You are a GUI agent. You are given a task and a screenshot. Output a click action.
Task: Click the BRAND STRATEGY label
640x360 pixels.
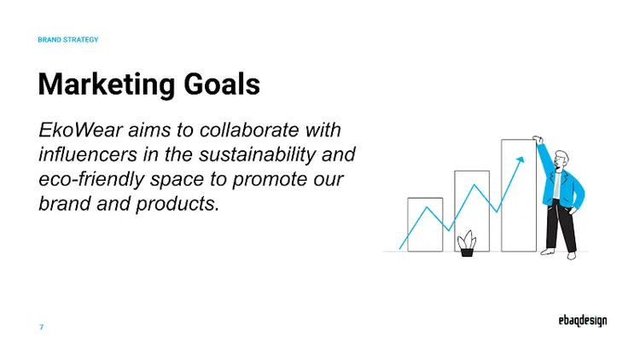(68, 40)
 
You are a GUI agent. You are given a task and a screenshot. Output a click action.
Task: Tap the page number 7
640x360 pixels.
(42, 328)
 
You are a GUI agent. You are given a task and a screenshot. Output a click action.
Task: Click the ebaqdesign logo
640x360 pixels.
(577, 320)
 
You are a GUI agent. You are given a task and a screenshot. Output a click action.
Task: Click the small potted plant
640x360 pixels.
(467, 244)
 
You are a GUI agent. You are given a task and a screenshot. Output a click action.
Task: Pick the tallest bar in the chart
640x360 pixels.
(518, 195)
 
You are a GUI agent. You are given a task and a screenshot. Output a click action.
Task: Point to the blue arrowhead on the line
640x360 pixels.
(519, 160)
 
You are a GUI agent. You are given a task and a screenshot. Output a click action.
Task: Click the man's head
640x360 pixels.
(560, 160)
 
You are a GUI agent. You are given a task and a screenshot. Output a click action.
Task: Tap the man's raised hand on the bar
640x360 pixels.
(538, 140)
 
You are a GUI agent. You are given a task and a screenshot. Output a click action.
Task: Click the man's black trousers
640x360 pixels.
(564, 224)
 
